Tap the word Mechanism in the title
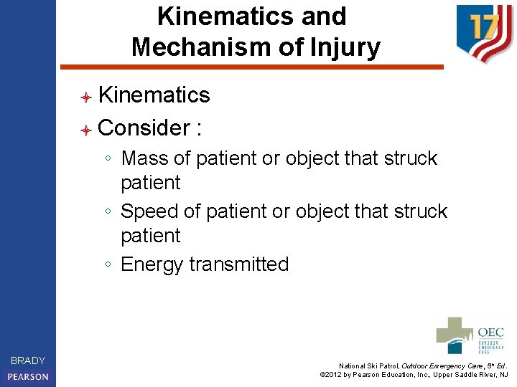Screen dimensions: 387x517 pyautogui.click(x=189, y=47)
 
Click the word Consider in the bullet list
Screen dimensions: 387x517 pyautogui.click(x=142, y=128)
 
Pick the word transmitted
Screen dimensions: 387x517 pyautogui.click(x=239, y=264)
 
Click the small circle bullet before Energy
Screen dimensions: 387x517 pyautogui.click(x=107, y=265)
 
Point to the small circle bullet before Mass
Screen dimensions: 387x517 pyautogui.click(x=107, y=158)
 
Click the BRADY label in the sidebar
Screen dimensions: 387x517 pyautogui.click(x=28, y=360)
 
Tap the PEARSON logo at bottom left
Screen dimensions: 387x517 pyautogui.click(x=28, y=376)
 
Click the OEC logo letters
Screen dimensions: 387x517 pyautogui.click(x=491, y=333)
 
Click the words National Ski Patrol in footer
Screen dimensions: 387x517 pyautogui.click(x=370, y=365)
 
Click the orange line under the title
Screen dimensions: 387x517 pyautogui.click(x=251, y=67)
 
